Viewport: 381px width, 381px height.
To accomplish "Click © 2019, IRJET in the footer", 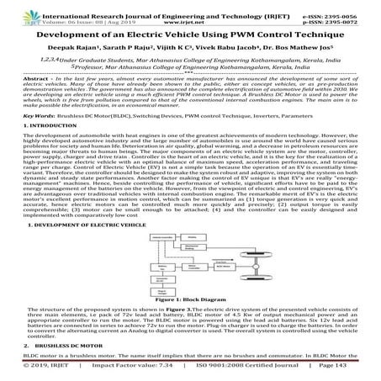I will [26, 368].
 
